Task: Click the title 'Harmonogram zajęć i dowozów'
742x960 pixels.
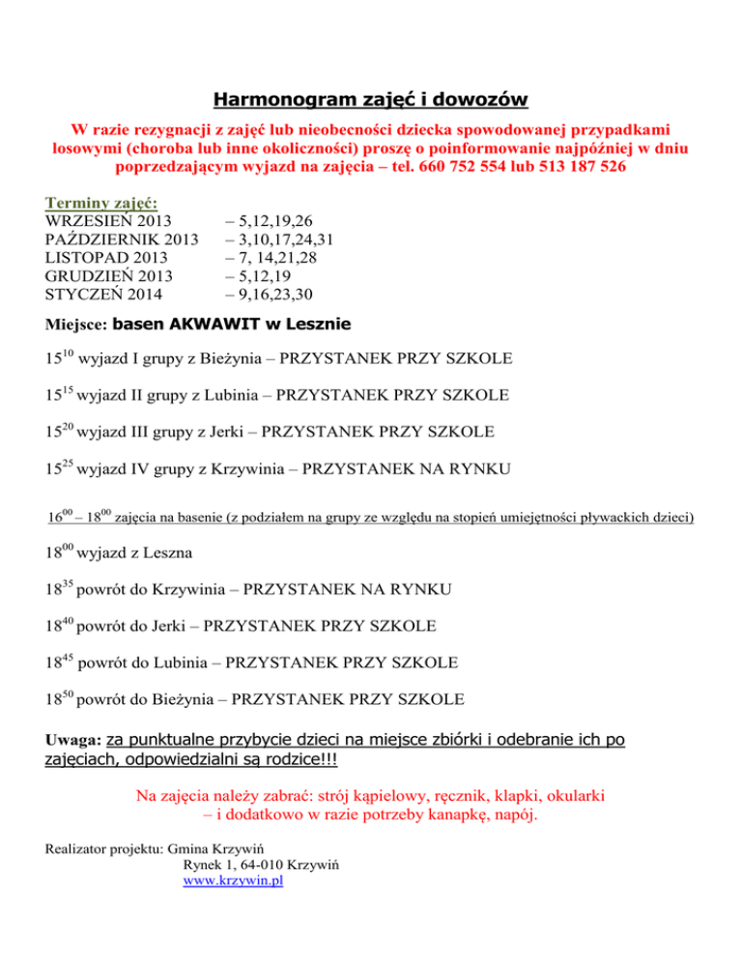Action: [x=370, y=100]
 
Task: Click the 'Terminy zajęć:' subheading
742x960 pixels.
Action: [x=102, y=203]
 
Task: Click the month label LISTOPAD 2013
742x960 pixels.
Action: [x=105, y=258]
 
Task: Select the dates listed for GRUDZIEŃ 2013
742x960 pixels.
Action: [x=257, y=276]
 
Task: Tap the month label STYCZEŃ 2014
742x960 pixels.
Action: [x=104, y=294]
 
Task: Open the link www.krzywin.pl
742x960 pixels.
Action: [x=233, y=882]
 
